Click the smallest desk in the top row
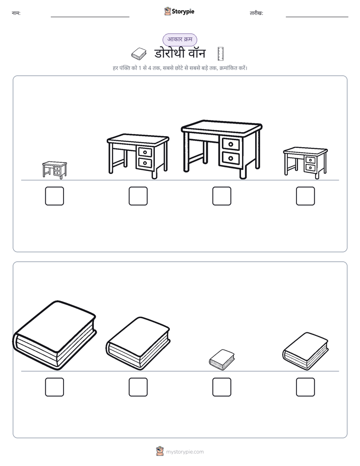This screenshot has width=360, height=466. pos(54,170)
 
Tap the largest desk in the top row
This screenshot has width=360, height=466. pos(221,149)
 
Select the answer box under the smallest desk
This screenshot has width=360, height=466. pos(54,196)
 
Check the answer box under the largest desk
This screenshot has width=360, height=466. pos(221,196)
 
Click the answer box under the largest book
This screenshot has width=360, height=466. pos(54,387)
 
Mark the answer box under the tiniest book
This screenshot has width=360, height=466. pos(221,387)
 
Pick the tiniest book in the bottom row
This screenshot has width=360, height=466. pos(221,360)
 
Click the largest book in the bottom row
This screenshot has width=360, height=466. pos(54,335)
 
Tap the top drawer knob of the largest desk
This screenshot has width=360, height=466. pos(230,144)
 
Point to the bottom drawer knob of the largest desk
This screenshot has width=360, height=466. pos(230,158)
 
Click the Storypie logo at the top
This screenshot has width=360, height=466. pos(179,11)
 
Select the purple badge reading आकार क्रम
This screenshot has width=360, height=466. pos(179,39)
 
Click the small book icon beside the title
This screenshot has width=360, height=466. pos(139,54)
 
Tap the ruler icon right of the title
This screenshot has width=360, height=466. pos(220,54)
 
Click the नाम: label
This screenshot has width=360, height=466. pos(16,13)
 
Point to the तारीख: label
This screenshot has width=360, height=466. pos(256,13)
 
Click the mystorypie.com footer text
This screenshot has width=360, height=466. pos(185,452)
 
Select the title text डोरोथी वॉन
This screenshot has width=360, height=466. pos(179,53)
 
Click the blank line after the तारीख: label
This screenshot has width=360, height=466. pos(317,17)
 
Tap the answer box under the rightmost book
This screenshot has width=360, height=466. pos(306,387)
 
